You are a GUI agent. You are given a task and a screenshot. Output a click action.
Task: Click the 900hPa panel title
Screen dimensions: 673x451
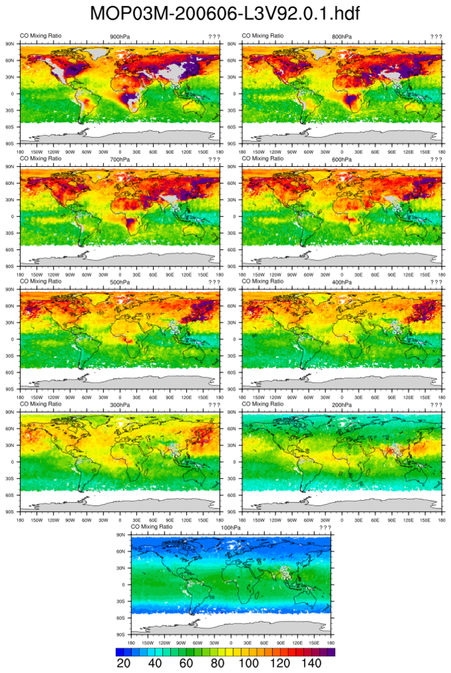click(x=120, y=36)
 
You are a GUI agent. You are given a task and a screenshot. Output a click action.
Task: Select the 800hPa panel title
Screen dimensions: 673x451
click(x=342, y=36)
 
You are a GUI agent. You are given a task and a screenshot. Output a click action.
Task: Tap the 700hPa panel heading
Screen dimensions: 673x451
click(x=120, y=159)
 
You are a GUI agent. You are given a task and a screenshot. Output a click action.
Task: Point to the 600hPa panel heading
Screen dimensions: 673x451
click(x=342, y=159)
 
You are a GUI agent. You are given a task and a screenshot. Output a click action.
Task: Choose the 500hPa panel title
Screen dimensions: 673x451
click(x=120, y=282)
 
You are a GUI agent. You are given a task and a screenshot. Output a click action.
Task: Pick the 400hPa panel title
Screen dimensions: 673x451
click(x=342, y=282)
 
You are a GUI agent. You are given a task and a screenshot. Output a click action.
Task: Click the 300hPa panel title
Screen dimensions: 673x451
click(x=120, y=405)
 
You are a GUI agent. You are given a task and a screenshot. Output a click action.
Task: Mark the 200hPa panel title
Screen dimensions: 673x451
click(x=342, y=405)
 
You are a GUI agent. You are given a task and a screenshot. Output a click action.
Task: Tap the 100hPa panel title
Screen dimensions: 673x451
click(x=231, y=527)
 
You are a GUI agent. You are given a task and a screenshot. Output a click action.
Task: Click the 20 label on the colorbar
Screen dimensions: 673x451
click(x=123, y=664)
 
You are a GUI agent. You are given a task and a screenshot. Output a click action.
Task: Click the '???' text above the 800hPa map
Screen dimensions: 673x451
click(x=436, y=36)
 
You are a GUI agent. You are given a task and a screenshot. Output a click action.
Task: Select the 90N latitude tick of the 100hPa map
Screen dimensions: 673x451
click(x=121, y=535)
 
